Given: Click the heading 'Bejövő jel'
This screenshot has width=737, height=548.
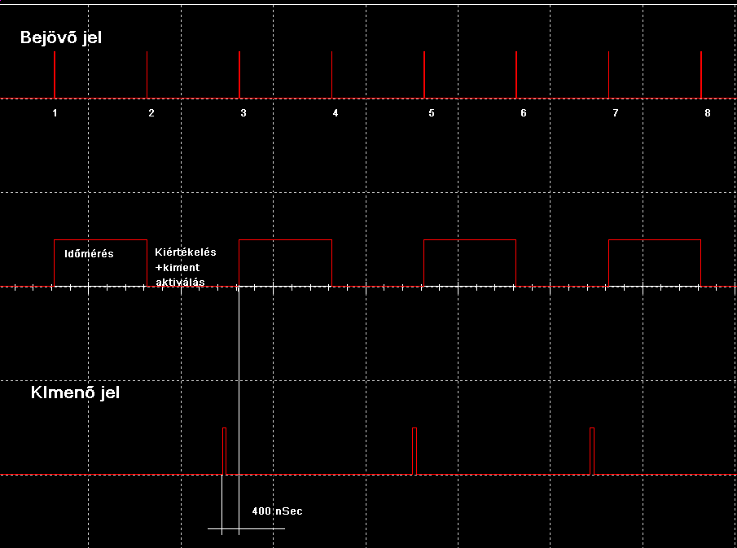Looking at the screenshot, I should (61, 37).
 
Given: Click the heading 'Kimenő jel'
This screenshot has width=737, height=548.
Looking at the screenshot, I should (75, 394).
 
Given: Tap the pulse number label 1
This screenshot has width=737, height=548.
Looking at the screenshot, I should (55, 113).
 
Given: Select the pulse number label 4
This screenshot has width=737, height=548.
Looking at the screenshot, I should (336, 113).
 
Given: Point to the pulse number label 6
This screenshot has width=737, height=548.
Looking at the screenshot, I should (524, 113).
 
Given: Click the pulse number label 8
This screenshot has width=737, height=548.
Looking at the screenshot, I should (708, 113).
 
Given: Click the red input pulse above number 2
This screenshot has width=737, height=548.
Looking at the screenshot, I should (147, 75).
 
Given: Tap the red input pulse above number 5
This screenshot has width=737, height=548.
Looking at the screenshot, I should (424, 75).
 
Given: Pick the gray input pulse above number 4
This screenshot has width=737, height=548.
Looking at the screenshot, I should (331, 75).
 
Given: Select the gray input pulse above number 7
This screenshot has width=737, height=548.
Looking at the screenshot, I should (609, 75).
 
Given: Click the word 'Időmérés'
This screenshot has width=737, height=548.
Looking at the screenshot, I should (90, 254).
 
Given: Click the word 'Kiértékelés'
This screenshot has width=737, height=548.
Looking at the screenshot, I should (186, 252).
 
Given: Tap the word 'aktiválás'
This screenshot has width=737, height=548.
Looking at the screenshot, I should (180, 282).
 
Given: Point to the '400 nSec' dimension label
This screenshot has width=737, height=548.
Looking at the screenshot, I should (277, 511).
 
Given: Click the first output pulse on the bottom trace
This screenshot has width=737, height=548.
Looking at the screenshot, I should (225, 450).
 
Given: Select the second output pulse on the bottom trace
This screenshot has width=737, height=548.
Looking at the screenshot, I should (415, 450).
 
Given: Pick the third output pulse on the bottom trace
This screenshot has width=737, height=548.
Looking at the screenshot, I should (592, 450).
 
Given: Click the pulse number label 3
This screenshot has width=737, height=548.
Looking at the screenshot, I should (243, 113).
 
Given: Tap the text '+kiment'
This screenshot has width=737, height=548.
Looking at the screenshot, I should (177, 267).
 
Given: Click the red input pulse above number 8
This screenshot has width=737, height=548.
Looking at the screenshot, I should (701, 75).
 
